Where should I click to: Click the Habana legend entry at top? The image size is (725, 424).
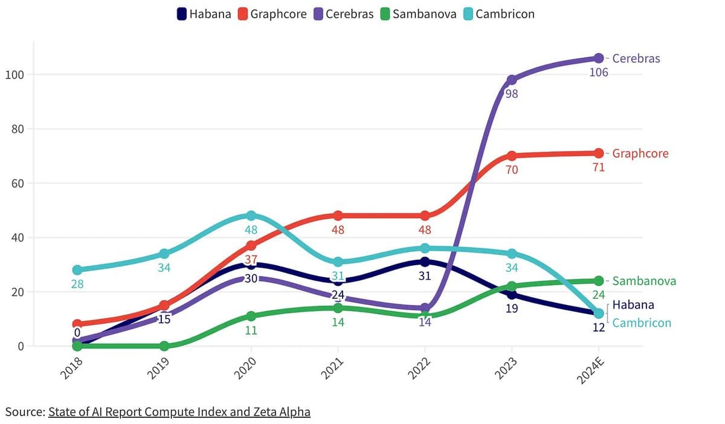(x=204, y=14)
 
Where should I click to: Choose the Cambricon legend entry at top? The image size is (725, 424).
(x=498, y=14)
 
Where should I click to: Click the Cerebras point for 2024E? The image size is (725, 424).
(x=599, y=58)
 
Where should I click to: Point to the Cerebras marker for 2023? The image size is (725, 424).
(x=512, y=80)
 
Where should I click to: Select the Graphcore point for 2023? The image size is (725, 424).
(x=512, y=156)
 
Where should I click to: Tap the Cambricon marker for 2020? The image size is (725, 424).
(x=251, y=216)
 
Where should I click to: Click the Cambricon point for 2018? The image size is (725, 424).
(x=77, y=270)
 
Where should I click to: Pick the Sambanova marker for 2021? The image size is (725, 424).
(x=338, y=308)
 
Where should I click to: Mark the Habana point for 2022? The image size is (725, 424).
(x=425, y=262)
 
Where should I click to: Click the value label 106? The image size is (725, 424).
(x=599, y=72)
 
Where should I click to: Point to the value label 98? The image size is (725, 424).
(x=512, y=94)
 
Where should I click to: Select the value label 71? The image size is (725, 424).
(x=599, y=167)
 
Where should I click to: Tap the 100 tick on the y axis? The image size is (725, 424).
(x=13, y=75)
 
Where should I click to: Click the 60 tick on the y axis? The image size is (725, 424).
(x=16, y=184)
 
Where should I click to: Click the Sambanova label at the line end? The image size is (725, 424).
(x=644, y=281)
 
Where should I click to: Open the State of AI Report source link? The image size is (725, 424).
(x=179, y=412)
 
